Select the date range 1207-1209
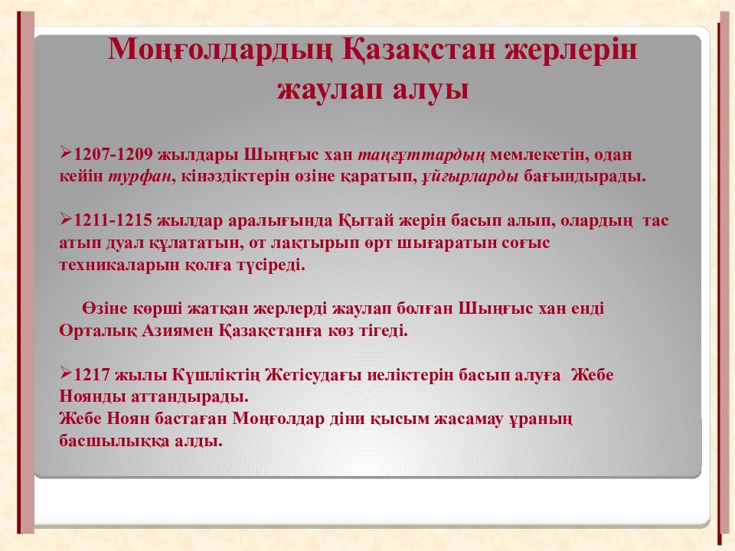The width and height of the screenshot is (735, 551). [112, 155]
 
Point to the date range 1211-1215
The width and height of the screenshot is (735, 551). [112, 222]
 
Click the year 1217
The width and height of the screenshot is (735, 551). [93, 376]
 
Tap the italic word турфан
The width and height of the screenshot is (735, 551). [142, 177]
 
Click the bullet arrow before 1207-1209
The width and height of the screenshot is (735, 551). [66, 154]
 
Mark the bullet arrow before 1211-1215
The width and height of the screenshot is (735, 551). [66, 220]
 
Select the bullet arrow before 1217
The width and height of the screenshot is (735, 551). [66, 374]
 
